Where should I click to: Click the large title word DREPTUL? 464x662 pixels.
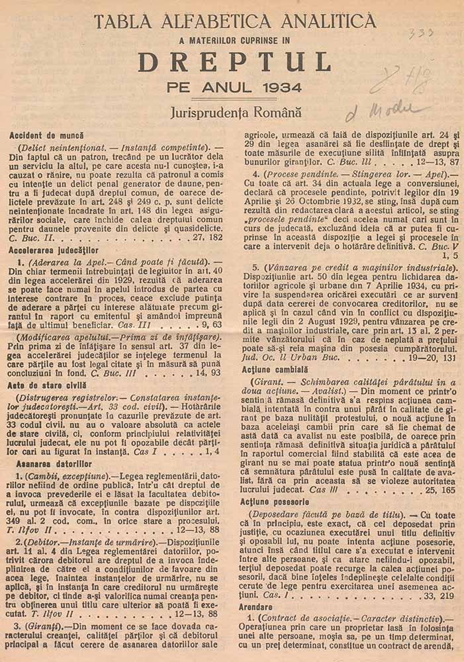pyautogui.click(x=234, y=62)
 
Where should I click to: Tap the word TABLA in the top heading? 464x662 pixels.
pyautogui.click(x=120, y=22)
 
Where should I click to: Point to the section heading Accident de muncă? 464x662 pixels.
pyautogui.click(x=45, y=134)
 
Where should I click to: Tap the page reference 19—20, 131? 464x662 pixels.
pyautogui.click(x=422, y=357)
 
